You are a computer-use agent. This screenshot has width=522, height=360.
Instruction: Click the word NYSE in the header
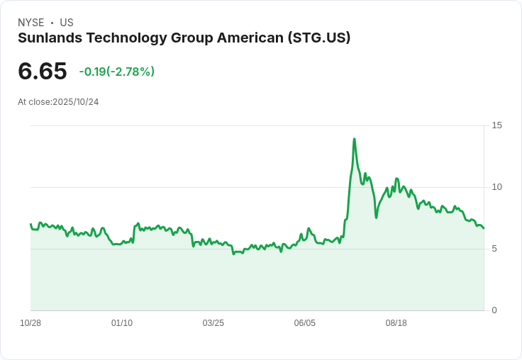coord(30,23)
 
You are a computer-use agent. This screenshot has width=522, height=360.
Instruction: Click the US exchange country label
coord(67,23)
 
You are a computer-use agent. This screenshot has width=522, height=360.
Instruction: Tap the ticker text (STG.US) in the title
coord(318,38)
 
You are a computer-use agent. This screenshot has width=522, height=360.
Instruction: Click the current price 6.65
coord(43,71)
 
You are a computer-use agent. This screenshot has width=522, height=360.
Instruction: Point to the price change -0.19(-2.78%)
coord(116,72)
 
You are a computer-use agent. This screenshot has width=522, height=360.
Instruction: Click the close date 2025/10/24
coord(75,102)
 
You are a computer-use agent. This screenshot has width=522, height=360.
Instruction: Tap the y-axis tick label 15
coord(496,125)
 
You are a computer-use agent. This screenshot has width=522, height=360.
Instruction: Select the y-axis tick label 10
coord(496,187)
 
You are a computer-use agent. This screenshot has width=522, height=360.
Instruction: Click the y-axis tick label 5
coord(494,249)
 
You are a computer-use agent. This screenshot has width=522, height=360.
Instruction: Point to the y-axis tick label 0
coord(494,310)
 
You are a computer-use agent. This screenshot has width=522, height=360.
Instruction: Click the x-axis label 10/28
coord(30,323)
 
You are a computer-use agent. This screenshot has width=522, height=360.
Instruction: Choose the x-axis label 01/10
coord(122,323)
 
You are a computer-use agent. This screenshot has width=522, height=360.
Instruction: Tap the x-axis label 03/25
coord(213,323)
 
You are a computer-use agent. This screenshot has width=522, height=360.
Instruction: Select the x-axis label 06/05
coord(305,323)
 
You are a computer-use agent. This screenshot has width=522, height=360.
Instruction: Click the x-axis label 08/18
coord(396,323)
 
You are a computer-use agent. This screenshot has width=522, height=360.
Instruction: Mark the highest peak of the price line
coord(354,139)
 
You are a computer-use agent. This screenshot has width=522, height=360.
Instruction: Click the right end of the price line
coord(484,228)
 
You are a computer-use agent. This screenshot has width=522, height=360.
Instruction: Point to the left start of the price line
coord(30,224)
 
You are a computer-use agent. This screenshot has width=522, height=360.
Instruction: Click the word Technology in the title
coord(126,38)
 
